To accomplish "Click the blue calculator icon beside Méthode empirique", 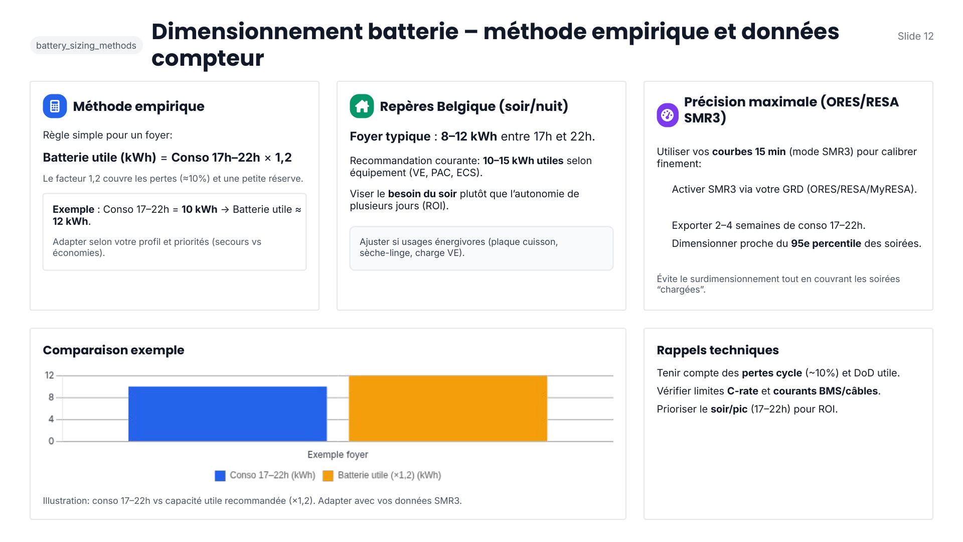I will (55, 106).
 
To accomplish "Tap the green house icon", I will (362, 106).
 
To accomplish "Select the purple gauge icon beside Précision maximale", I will (668, 115).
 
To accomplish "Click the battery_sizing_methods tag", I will (86, 46).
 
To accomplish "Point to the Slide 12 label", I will (915, 36).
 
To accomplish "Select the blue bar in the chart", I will (227, 414).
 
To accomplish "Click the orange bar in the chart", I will (448, 409).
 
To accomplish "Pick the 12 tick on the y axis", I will (49, 375).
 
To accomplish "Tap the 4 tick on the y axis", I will (51, 419).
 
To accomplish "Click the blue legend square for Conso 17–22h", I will (220, 476).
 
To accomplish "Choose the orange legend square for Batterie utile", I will (328, 476).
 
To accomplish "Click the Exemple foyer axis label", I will (338, 455).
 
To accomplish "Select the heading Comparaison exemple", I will (113, 350).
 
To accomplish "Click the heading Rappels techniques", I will (717, 350).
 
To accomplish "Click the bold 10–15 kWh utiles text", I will (523, 161).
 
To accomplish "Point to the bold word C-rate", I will (742, 391).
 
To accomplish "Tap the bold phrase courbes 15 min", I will (748, 152).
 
